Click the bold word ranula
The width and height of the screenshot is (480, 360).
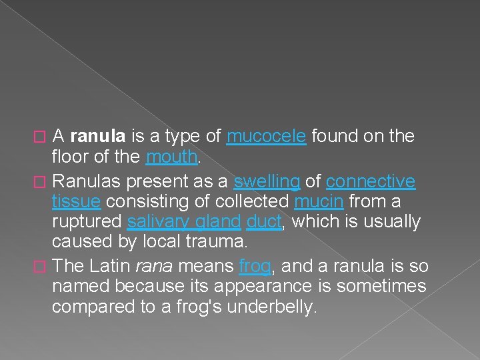[x=97, y=137]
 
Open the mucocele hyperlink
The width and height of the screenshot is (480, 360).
[x=266, y=137]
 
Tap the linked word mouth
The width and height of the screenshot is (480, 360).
[x=171, y=158]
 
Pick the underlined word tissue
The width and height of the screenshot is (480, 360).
[x=76, y=201]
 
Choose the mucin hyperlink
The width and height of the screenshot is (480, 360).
[x=319, y=201]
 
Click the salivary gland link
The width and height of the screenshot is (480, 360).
[x=183, y=222]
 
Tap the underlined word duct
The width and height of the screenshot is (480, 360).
[x=264, y=222]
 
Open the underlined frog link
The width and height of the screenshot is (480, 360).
[x=255, y=266]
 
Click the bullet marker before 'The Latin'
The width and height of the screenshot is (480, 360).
[x=43, y=267]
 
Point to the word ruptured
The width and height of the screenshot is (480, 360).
[x=87, y=222]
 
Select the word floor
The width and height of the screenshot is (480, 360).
[x=69, y=158]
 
